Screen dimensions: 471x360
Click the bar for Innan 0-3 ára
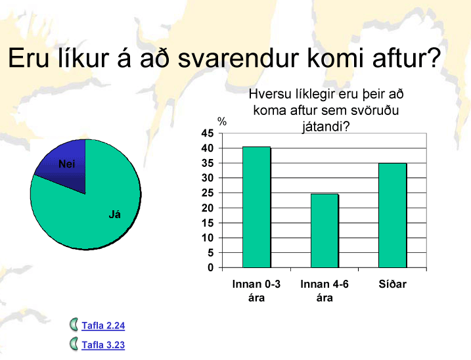tap(257, 207)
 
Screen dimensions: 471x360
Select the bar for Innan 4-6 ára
tap(325, 231)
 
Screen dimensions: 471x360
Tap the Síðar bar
tap(393, 215)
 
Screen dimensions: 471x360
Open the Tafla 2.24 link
tap(103, 325)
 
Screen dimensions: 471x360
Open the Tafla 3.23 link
tap(103, 345)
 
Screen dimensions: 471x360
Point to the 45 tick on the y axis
tap(208, 133)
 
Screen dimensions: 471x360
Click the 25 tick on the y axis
tap(208, 193)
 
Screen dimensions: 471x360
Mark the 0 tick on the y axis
tap(211, 267)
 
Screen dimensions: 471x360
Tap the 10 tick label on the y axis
tap(208, 238)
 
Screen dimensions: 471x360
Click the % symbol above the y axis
tap(222, 122)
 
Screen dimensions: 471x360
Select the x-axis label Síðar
tap(393, 284)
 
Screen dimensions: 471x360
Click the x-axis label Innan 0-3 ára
tap(257, 291)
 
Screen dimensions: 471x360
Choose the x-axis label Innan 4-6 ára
tap(325, 291)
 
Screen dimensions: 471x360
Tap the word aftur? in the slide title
tap(407, 58)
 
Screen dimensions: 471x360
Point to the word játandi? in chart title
tap(326, 127)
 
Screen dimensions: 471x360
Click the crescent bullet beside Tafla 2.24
tap(74, 325)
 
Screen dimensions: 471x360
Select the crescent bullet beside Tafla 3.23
tap(74, 344)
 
